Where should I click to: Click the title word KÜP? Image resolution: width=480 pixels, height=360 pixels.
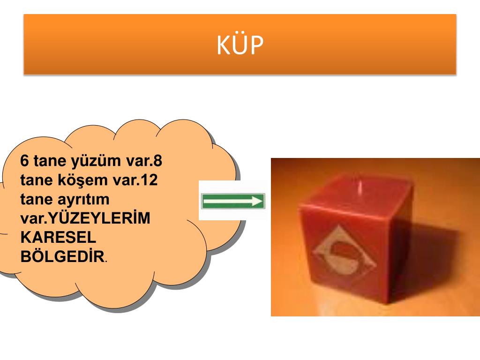[240, 45]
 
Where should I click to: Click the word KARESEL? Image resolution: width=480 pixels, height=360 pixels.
[58, 237]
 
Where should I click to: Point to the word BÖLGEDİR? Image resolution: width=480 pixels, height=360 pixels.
[62, 256]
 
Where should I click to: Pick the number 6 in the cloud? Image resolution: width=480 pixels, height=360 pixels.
[24, 161]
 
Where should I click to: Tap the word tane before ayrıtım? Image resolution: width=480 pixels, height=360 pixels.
[36, 199]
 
